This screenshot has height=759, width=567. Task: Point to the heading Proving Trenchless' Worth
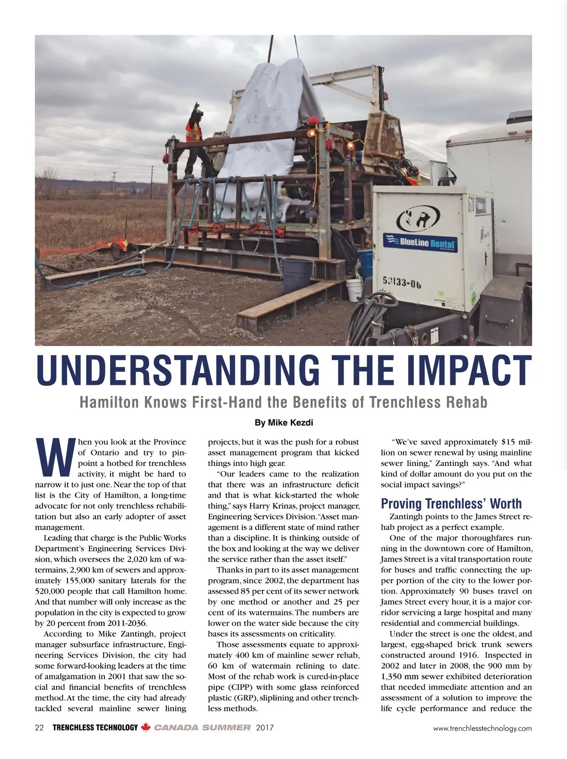451,503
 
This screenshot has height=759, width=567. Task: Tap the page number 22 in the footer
39,728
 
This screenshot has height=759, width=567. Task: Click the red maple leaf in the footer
146,728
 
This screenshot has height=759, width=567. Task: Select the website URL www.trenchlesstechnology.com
482,728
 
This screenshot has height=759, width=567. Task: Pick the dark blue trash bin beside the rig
297,275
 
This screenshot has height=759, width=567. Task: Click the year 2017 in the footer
265,728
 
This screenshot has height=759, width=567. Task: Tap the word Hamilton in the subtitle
109,402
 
